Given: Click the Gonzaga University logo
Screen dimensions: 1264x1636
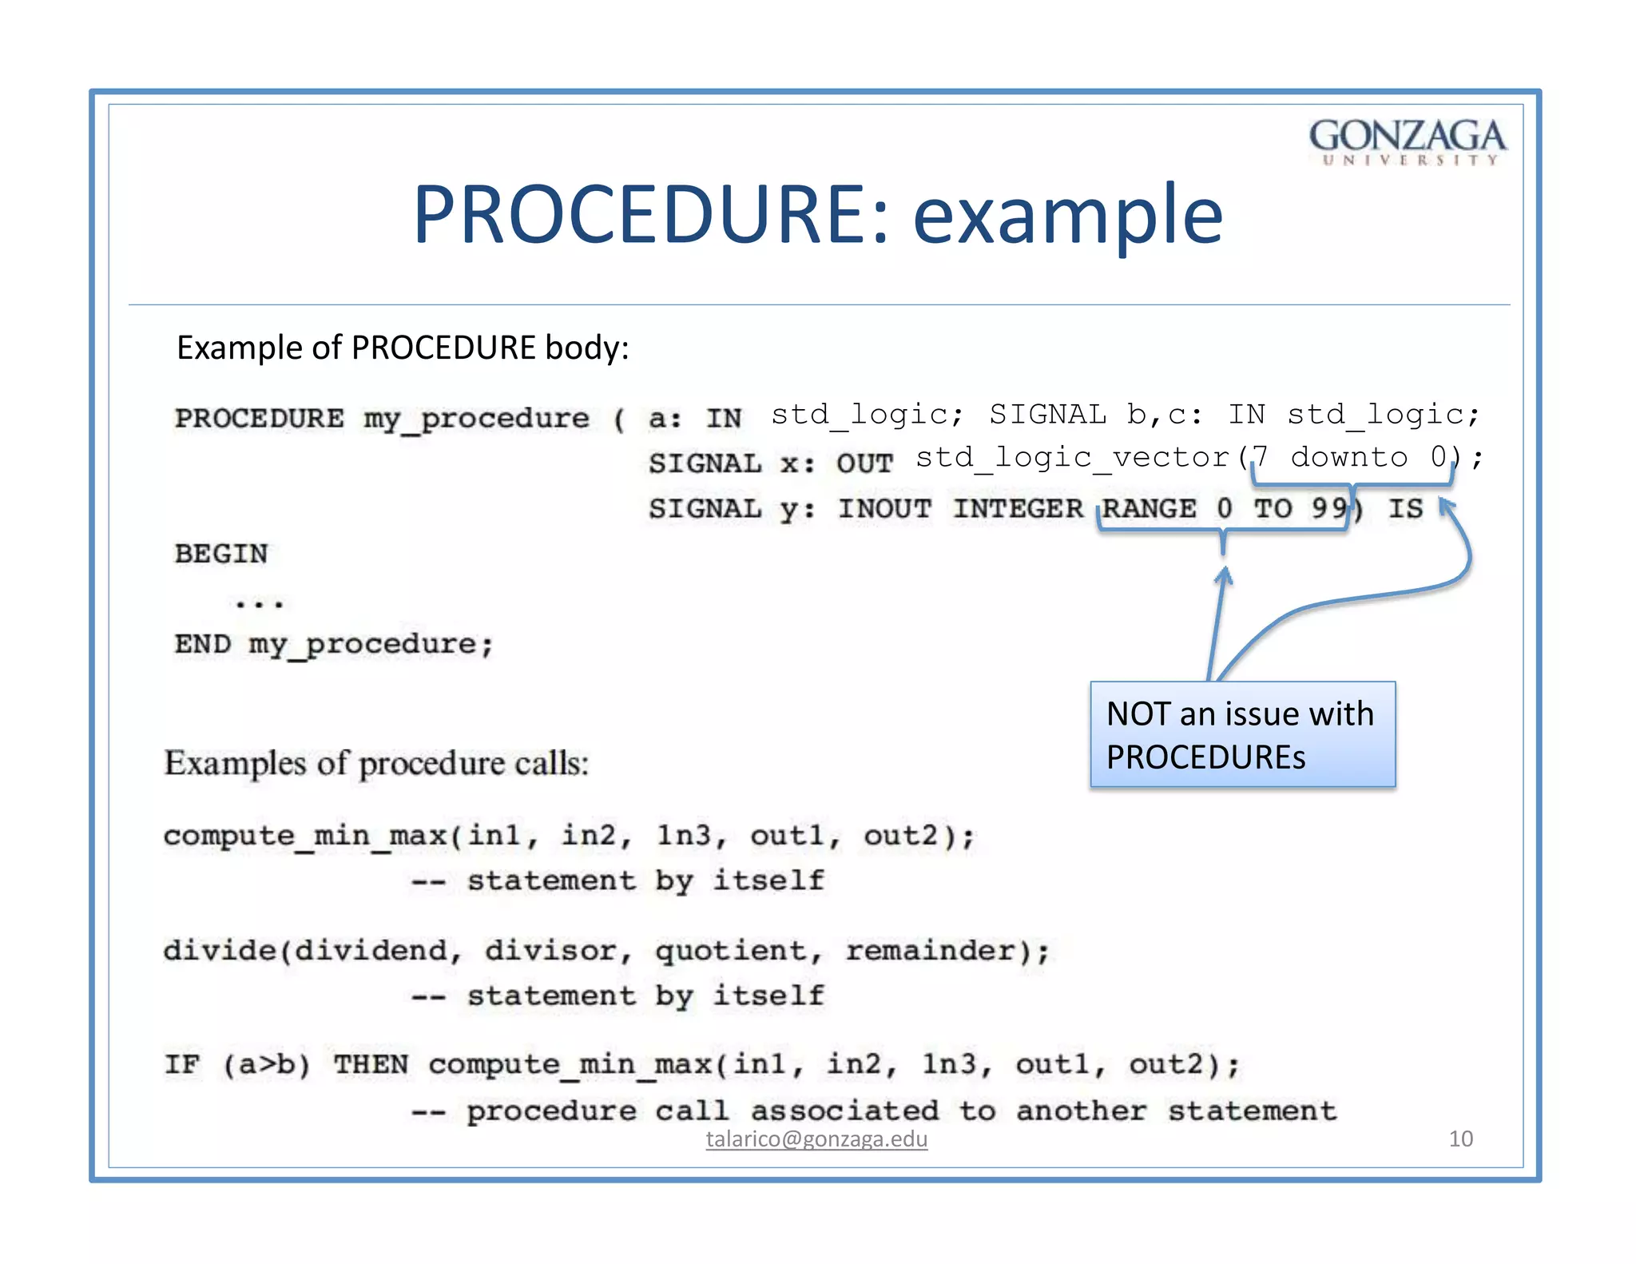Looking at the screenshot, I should point(1408,141).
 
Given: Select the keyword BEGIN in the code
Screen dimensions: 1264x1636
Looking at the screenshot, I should point(221,553).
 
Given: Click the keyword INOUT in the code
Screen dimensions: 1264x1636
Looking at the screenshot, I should point(884,508).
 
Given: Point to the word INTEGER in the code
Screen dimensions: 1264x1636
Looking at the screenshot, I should point(1018,508).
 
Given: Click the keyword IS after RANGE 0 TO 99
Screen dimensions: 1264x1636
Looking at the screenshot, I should point(1405,508).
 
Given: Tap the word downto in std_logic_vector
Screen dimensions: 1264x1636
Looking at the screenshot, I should point(1348,457).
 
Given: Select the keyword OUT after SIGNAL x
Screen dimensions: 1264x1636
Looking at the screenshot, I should point(864,463).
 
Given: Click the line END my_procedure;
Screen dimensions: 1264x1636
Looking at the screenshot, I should point(334,644).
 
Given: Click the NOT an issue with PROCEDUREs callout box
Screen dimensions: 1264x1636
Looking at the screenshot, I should point(1242,734).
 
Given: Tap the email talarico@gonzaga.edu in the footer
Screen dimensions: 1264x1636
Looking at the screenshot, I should point(816,1139).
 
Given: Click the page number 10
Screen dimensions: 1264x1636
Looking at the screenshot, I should point(1460,1139).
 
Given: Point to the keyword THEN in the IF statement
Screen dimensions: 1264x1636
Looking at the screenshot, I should point(371,1065).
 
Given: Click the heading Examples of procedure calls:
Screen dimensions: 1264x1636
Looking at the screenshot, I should point(376,763).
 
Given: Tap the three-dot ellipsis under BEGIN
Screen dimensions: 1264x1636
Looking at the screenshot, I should point(259,604).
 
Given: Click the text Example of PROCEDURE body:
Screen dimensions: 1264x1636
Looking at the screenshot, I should point(403,348).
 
